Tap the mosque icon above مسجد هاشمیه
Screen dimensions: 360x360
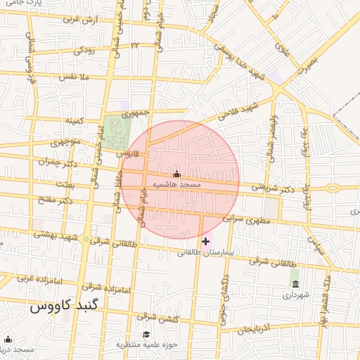(176, 174)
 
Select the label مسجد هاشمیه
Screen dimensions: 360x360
(176, 184)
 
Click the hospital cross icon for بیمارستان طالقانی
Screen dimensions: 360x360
(205, 241)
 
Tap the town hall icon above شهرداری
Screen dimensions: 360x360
(294, 284)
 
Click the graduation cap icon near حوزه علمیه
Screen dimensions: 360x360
(146, 334)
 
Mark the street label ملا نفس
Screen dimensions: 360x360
(75, 75)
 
